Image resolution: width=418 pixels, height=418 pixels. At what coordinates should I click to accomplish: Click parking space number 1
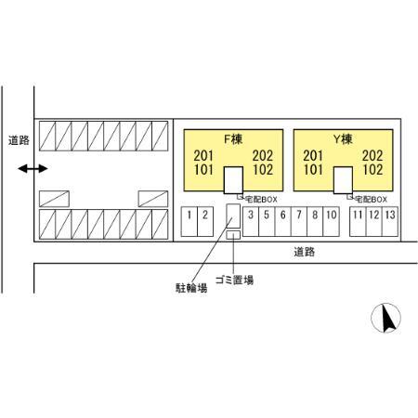point(189,222)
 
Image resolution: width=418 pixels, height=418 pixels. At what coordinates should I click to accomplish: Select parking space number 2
point(205,222)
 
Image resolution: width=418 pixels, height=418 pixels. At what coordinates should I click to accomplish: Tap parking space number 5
point(267,222)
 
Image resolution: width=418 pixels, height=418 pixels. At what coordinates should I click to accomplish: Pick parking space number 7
point(299,222)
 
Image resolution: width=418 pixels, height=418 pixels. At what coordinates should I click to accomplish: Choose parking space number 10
point(331,222)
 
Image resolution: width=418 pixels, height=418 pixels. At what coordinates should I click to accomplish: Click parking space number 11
point(358,222)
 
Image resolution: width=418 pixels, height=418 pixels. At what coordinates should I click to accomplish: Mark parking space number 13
point(390,222)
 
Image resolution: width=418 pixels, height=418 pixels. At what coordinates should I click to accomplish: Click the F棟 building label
point(233,139)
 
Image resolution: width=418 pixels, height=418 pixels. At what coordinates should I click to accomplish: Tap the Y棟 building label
point(343,139)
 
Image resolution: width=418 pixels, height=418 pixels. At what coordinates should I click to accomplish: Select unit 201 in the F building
point(203,156)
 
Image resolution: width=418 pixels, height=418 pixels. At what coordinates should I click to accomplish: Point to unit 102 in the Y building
point(372,170)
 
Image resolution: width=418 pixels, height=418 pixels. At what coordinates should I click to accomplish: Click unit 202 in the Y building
point(372,156)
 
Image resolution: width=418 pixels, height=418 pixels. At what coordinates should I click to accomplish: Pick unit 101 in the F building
point(203,170)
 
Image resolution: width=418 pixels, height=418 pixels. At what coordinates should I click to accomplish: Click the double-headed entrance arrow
point(33,169)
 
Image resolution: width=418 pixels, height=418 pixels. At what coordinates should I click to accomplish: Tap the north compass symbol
point(385,318)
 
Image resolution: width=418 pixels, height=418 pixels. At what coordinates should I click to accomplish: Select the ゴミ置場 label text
point(234,280)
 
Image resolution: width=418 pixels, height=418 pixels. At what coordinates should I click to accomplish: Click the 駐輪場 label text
point(191,288)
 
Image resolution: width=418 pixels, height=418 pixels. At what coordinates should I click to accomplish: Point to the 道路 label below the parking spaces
point(305,252)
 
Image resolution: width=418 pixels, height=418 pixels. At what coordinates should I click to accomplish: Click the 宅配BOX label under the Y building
point(371,200)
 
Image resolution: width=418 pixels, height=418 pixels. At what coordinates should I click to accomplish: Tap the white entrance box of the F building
point(233,180)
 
